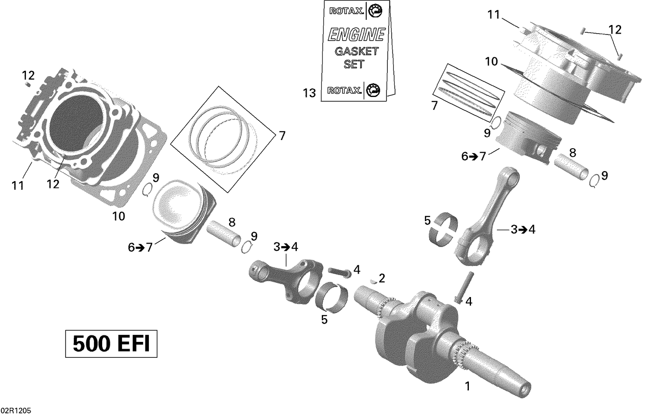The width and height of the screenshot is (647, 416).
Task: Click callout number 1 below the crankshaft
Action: [x=467, y=386]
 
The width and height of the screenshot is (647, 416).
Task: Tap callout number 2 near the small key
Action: [x=382, y=278]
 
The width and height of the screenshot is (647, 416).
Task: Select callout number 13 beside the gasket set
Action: [x=309, y=93]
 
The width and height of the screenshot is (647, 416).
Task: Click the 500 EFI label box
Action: [x=111, y=344]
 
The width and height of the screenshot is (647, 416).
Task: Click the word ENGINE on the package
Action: [x=356, y=34]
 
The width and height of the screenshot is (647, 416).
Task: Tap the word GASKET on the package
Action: [x=356, y=51]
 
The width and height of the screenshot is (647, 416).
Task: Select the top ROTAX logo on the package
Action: [x=346, y=11]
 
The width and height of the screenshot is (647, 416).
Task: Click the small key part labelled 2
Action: [x=373, y=282]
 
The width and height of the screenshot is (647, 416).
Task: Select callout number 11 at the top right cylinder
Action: [x=493, y=15]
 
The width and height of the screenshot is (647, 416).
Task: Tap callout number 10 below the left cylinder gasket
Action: [x=119, y=216]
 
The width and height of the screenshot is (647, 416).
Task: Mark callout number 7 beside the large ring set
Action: [x=282, y=136]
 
